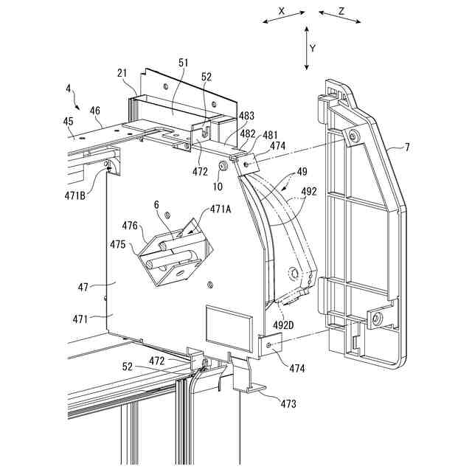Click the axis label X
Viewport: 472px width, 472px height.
click(282, 11)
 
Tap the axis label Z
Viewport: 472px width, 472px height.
click(341, 11)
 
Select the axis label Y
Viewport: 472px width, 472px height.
click(313, 48)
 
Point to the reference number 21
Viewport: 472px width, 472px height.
click(123, 73)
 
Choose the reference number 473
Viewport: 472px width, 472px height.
click(289, 403)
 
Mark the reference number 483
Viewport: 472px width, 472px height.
click(246, 117)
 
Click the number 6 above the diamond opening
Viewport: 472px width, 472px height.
click(156, 204)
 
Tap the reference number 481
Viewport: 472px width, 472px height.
click(271, 135)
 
